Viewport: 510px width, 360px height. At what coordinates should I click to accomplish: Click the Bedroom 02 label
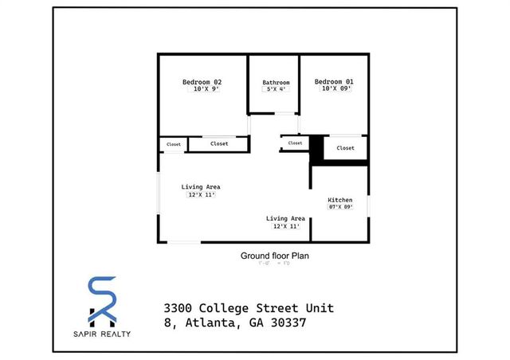coord(202,82)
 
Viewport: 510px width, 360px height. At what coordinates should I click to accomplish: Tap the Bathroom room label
coord(276,83)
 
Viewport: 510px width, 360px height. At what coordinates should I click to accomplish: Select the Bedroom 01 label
coord(333,81)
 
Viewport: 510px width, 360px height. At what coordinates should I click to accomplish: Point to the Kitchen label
coord(340,199)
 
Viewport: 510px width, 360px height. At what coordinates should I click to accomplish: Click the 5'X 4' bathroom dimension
coord(276,89)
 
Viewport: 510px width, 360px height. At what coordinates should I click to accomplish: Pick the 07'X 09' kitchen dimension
coord(340,207)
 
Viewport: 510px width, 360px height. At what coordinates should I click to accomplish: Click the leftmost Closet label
coord(173,144)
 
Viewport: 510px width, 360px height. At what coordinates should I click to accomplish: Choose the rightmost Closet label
coord(345,148)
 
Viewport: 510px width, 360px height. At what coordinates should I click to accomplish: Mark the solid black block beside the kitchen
coord(316,148)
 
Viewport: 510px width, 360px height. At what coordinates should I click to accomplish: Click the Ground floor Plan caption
coord(274,256)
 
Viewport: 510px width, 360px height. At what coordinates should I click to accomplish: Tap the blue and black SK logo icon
coord(103,302)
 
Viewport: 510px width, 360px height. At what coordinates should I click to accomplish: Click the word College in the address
coord(228,308)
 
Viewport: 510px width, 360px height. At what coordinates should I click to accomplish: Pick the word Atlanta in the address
coord(214,323)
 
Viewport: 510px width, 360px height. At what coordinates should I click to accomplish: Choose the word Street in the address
coord(282,308)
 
